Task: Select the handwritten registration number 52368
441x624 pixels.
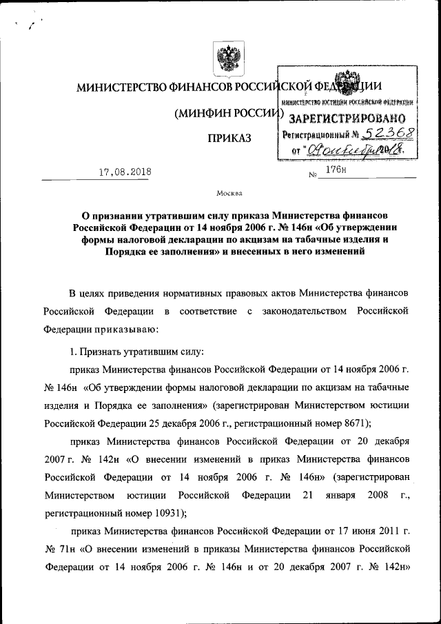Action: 372,133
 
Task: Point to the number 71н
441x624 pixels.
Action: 68,550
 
